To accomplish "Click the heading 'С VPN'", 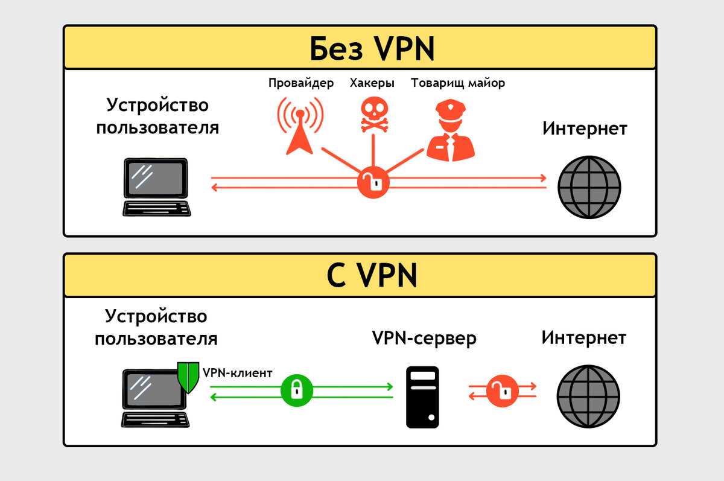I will (372, 276).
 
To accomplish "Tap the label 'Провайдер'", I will (300, 83).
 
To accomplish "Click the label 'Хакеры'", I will (372, 83).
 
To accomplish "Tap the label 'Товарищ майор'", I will (458, 83).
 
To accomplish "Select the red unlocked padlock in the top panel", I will (373, 182).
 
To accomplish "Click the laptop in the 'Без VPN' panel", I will (156, 186).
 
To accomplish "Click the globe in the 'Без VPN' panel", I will (589, 187).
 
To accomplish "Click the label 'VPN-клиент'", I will (237, 373).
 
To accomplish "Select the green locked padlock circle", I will (297, 390).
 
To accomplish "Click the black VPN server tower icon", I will (422, 397).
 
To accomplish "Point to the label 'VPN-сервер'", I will (424, 339).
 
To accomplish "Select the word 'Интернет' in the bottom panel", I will (583, 337).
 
